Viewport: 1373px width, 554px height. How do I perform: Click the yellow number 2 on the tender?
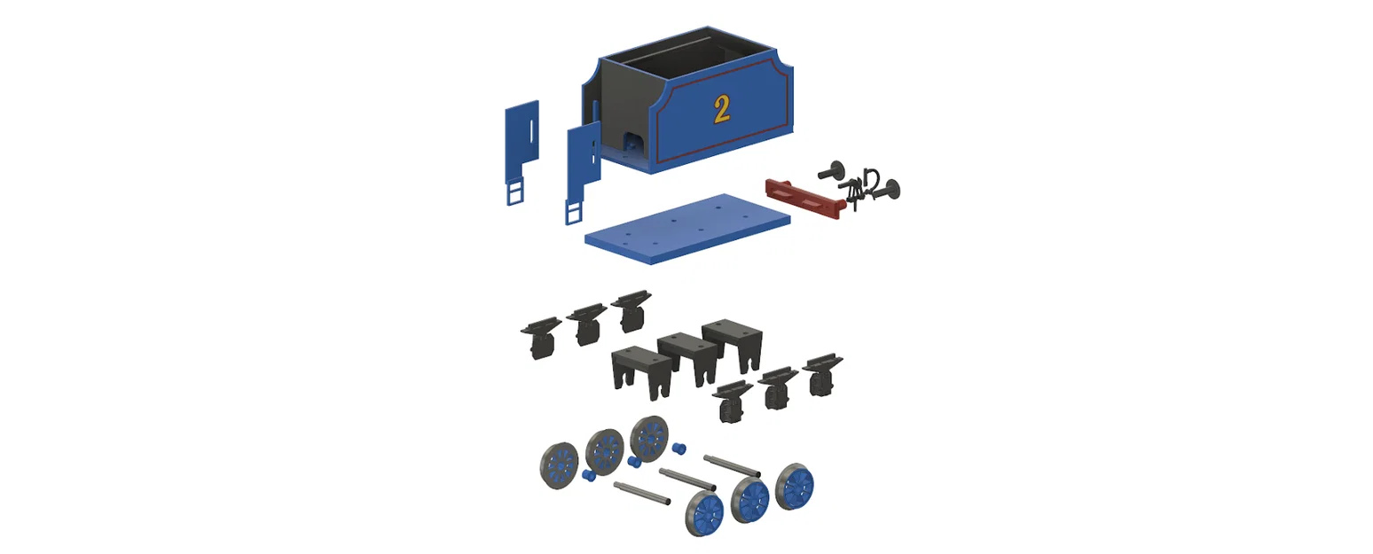tap(722, 110)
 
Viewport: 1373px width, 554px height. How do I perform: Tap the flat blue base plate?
tap(687, 229)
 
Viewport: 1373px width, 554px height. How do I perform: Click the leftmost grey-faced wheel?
tap(559, 465)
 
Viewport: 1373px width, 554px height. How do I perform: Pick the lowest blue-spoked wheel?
tap(704, 513)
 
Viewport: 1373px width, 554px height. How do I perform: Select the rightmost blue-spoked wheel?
tap(795, 487)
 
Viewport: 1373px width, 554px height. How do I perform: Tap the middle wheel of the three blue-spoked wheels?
tap(750, 500)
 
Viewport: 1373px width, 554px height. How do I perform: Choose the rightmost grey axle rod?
tap(732, 465)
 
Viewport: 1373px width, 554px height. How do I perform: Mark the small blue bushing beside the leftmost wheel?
tap(588, 475)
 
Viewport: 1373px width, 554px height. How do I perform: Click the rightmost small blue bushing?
tap(679, 449)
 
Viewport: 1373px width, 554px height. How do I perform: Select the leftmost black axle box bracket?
tap(541, 338)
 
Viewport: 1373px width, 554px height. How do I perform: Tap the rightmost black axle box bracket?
tap(822, 374)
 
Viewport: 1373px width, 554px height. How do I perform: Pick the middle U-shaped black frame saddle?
tap(687, 358)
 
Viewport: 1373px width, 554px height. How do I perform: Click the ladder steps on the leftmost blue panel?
tap(515, 191)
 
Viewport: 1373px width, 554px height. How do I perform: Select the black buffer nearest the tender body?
tap(832, 171)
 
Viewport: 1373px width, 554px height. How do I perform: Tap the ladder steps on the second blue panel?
tap(575, 212)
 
